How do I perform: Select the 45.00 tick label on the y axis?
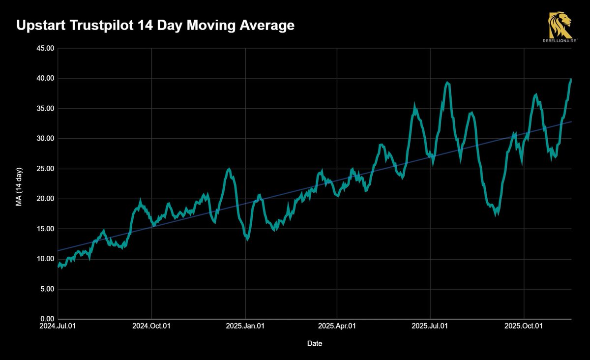coord(44,48)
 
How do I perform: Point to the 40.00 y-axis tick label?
coord(44,79)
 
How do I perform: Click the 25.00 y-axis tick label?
coord(44,169)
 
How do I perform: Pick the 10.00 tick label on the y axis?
coord(44,259)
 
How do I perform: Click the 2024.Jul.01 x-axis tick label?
coord(58,326)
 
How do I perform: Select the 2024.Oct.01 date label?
coord(151,326)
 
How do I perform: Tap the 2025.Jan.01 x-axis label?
coord(245,326)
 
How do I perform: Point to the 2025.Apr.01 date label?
coord(337,326)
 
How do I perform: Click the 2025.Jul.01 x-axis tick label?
coord(430,326)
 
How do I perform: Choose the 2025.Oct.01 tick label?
coord(524,326)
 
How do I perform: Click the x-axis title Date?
coord(315,343)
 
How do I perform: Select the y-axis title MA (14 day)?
coord(20,183)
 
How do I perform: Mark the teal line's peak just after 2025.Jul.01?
coord(447,83)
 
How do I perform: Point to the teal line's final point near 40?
coord(571,79)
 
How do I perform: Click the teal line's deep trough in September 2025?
coord(496,214)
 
